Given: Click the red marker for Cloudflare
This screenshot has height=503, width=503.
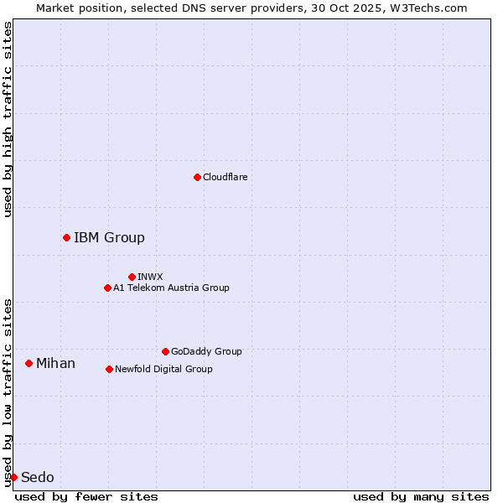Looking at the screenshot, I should (x=197, y=177).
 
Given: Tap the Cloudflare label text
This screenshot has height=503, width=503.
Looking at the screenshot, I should (x=225, y=177).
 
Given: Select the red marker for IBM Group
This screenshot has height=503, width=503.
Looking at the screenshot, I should (x=66, y=237).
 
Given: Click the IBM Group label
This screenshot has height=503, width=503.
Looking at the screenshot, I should (x=109, y=237).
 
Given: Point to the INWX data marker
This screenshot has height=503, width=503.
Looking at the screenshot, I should (x=132, y=277).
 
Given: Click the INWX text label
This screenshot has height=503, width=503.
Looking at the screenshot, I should (x=150, y=277).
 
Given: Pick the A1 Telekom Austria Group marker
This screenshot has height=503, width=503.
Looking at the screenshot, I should (x=107, y=288).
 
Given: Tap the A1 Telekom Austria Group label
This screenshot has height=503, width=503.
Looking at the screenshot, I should (x=171, y=288).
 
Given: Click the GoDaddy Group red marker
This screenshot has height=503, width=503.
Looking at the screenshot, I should (x=165, y=351).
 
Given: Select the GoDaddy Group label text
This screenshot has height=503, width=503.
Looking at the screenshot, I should (x=206, y=351).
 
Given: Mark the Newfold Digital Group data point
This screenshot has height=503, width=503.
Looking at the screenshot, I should (x=109, y=369).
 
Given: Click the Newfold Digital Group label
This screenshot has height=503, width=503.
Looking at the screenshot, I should (x=163, y=369).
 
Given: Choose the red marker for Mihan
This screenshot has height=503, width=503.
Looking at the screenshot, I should (x=29, y=363).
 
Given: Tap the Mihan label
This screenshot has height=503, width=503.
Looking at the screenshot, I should (x=55, y=363).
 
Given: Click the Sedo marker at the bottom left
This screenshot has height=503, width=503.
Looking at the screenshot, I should (x=13, y=477).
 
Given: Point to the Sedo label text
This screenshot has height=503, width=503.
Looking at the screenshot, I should (x=37, y=477).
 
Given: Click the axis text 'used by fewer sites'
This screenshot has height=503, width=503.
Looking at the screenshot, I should (x=86, y=496).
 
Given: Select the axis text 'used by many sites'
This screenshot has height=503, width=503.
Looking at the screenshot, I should (x=421, y=496).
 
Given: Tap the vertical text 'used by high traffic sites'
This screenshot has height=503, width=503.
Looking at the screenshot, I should (x=8, y=119).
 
